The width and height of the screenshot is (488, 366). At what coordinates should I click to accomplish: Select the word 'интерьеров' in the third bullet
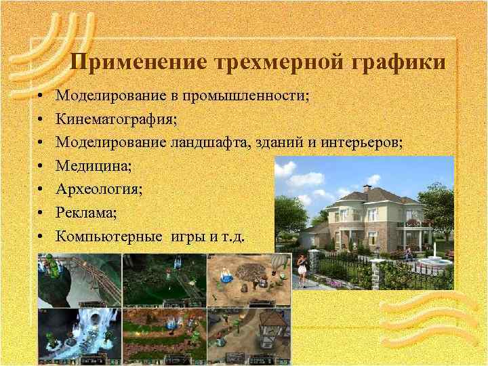pyautogui.click(x=365, y=142)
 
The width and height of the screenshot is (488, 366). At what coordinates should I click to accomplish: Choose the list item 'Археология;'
pyautogui.click(x=99, y=188)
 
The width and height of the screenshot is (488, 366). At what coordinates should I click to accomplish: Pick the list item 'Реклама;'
pyautogui.click(x=86, y=212)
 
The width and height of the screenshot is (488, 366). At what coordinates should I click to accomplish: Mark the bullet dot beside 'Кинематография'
pyautogui.click(x=41, y=120)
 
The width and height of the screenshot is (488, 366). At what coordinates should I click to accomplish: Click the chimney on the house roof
pyautogui.click(x=367, y=188)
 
